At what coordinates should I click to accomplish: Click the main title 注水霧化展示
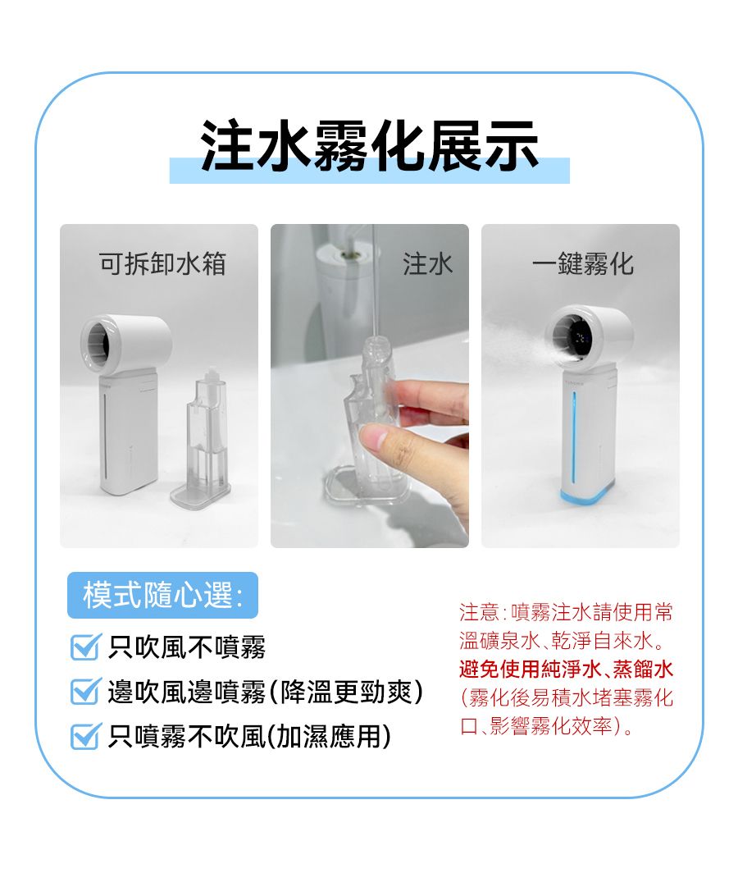click(370, 146)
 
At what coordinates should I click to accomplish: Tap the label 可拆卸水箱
click(162, 263)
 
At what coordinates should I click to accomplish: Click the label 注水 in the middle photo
click(427, 263)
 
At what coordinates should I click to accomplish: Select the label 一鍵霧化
click(583, 263)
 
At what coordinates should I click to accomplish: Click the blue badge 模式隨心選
click(162, 595)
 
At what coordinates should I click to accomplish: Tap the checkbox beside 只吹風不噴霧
click(86, 647)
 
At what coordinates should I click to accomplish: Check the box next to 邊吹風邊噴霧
click(86, 692)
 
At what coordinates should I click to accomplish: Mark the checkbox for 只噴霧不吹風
click(86, 736)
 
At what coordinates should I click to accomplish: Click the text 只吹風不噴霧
click(187, 647)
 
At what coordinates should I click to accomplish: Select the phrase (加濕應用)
click(329, 737)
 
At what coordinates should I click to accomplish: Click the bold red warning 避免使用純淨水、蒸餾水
click(567, 669)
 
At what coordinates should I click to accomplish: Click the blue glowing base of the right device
click(587, 494)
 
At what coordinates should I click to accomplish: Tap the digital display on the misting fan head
click(580, 337)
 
